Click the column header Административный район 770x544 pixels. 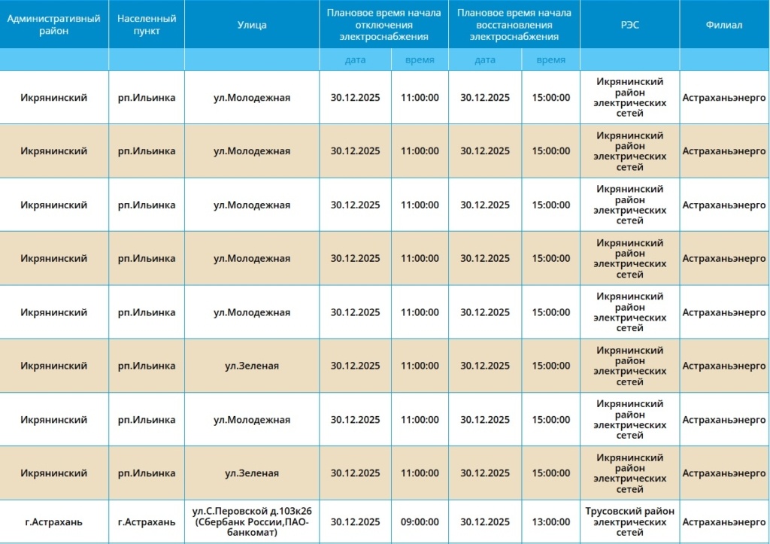[x=53, y=25]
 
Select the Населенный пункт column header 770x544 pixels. [x=147, y=25]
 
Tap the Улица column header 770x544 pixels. [x=252, y=25]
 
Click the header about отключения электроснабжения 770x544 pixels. [x=383, y=25]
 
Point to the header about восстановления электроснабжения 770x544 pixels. [x=514, y=25]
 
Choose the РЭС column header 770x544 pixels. [x=630, y=25]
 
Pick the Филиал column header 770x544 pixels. [x=724, y=25]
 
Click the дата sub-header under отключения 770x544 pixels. [x=355, y=60]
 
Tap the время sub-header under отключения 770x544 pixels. [x=420, y=60]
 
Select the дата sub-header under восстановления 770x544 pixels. [x=485, y=60]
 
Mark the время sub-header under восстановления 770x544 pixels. [x=551, y=60]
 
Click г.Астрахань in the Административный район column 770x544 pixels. [x=53, y=522]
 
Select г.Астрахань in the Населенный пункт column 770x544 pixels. [x=147, y=522]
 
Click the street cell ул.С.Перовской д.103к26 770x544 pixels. [x=252, y=512]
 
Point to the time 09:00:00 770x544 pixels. [x=420, y=522]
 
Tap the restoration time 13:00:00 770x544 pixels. [x=551, y=522]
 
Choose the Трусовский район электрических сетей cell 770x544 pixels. [x=630, y=522]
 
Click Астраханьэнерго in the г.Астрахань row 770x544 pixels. [x=724, y=522]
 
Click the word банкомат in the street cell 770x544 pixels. [x=252, y=533]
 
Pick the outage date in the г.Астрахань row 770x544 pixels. [x=355, y=522]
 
